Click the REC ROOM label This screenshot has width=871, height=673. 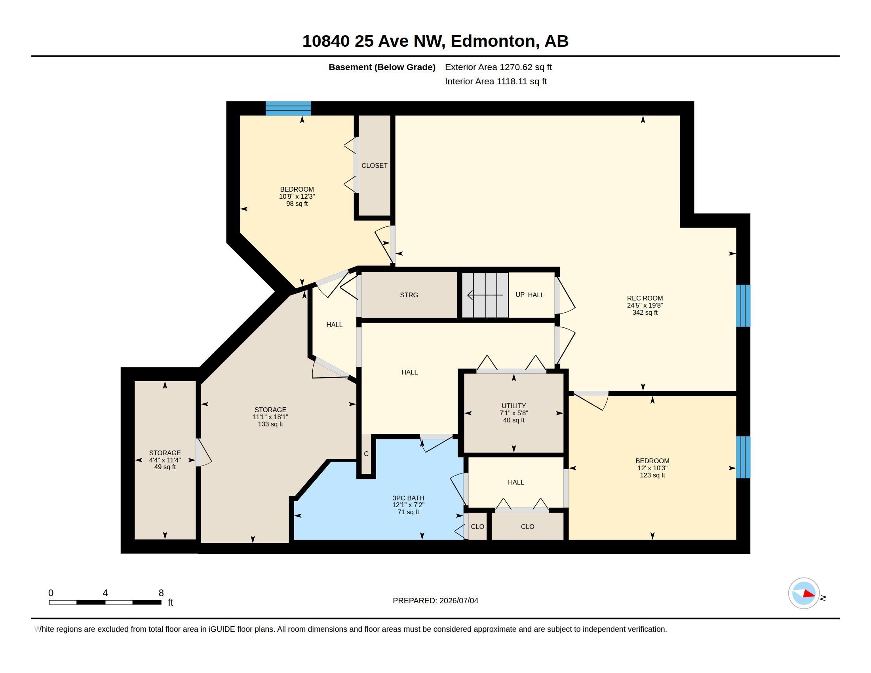(645, 298)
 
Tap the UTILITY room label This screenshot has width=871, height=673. (513, 406)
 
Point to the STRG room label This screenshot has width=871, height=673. (409, 295)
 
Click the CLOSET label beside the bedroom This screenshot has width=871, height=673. (375, 165)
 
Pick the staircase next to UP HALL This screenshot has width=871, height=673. (485, 295)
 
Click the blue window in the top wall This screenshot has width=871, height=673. (288, 108)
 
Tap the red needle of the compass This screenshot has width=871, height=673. (809, 594)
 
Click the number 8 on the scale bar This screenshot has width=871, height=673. (161, 593)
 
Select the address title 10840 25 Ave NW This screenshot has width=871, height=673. (373, 41)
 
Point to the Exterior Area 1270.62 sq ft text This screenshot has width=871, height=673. (498, 67)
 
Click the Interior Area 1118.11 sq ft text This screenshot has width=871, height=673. (496, 81)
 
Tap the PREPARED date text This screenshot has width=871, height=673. (435, 601)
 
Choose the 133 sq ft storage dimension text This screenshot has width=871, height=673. (270, 424)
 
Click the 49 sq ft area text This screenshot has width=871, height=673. (165, 467)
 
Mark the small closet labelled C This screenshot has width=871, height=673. (366, 454)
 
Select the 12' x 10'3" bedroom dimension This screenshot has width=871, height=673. (652, 468)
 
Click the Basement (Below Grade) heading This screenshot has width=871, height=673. (382, 67)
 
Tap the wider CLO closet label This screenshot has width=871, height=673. (527, 527)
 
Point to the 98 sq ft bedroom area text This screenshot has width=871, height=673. (297, 204)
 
